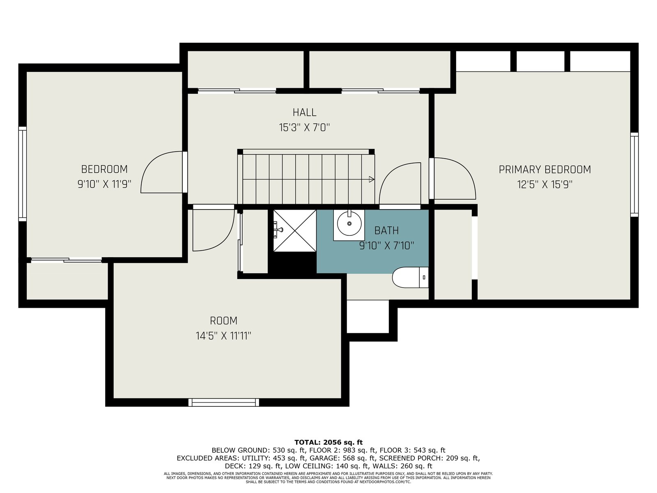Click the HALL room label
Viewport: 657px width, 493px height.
304,113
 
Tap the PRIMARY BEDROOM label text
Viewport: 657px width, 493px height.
544,170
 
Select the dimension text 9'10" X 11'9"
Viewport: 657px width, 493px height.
104,184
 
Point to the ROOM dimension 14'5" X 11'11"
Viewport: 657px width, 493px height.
223,336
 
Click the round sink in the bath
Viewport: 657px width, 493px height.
349,223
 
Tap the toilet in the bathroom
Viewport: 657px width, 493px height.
410,277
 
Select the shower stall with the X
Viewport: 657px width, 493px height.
295,230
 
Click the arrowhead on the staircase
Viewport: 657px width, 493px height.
372,179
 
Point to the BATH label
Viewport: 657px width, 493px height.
386,230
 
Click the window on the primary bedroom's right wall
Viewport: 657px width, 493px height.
634,175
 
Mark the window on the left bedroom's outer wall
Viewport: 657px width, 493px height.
23,174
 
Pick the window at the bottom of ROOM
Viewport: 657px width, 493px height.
224,402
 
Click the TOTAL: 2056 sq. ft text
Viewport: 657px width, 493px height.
328,442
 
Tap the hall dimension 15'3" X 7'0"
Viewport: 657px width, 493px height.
304,128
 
